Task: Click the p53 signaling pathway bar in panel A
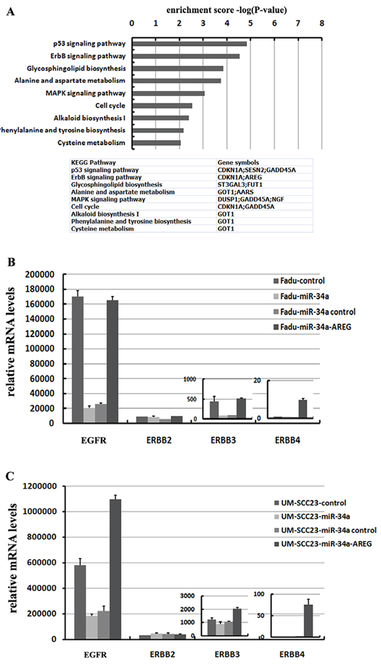click(189, 44)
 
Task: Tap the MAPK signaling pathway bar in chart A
click(168, 93)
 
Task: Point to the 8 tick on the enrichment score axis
click(322, 23)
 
